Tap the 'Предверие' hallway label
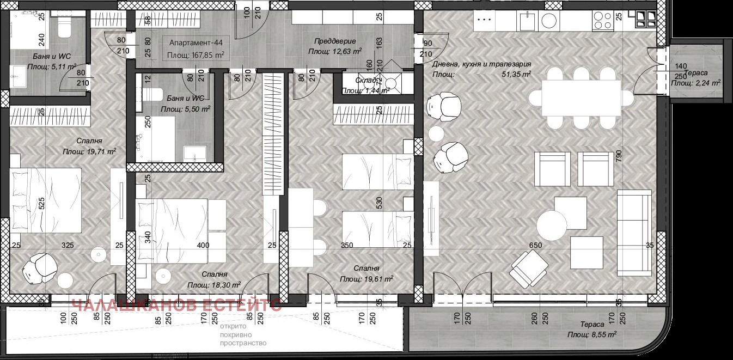[335, 41]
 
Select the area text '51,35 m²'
[516, 75]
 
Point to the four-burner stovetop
[602, 21]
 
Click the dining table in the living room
[581, 98]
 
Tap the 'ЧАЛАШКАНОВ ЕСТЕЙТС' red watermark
[177, 306]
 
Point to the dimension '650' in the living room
[536, 246]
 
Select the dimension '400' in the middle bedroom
[203, 246]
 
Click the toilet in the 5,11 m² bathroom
[64, 27]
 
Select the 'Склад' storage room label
[352, 90]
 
